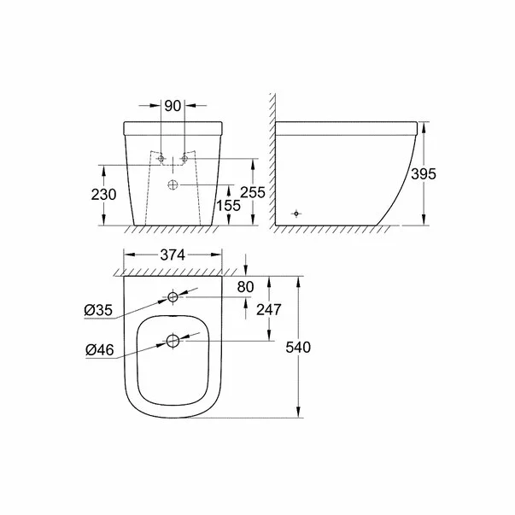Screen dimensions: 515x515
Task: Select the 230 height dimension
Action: point(104,195)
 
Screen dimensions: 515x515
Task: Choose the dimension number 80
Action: point(245,287)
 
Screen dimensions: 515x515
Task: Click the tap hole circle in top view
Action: point(173,298)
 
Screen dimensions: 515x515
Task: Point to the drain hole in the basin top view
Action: point(173,341)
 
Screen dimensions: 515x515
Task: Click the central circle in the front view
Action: point(173,184)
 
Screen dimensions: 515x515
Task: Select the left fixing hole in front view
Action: point(160,160)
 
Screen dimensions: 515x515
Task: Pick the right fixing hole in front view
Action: point(184,160)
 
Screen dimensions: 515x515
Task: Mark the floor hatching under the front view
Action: point(171,230)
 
